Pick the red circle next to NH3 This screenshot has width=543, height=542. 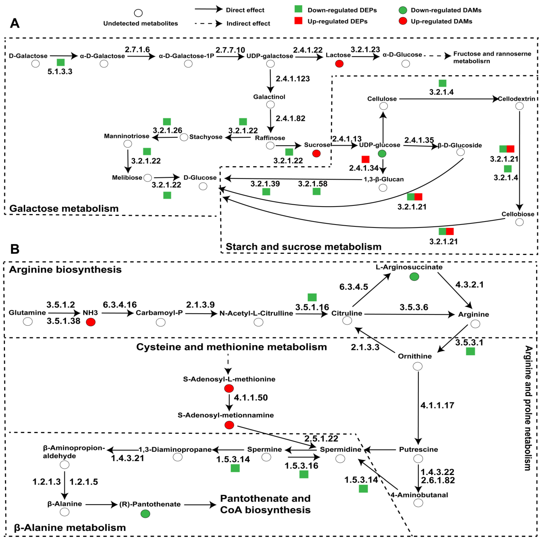(90, 322)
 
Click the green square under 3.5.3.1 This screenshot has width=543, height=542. (470, 351)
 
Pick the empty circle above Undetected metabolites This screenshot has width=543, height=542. (138, 13)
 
